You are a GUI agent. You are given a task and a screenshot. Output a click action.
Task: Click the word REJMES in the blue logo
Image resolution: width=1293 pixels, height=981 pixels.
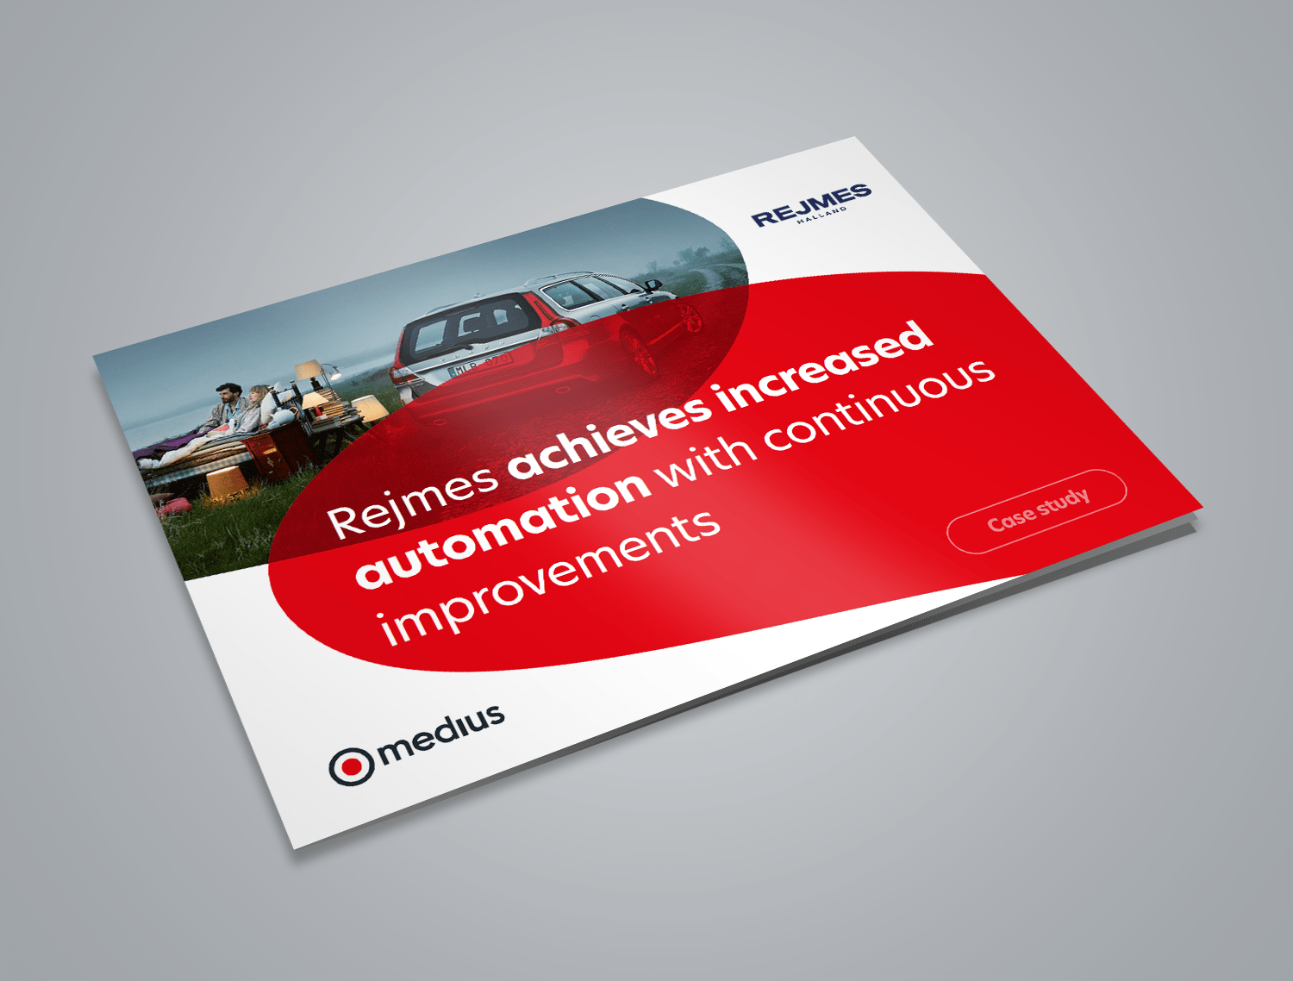click(x=811, y=205)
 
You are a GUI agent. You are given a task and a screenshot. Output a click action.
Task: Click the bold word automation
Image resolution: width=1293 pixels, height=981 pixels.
click(x=503, y=528)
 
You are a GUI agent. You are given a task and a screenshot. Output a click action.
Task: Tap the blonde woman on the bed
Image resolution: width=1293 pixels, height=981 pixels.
click(x=255, y=405)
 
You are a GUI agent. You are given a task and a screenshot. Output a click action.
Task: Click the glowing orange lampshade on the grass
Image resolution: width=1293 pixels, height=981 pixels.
click(x=227, y=483)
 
